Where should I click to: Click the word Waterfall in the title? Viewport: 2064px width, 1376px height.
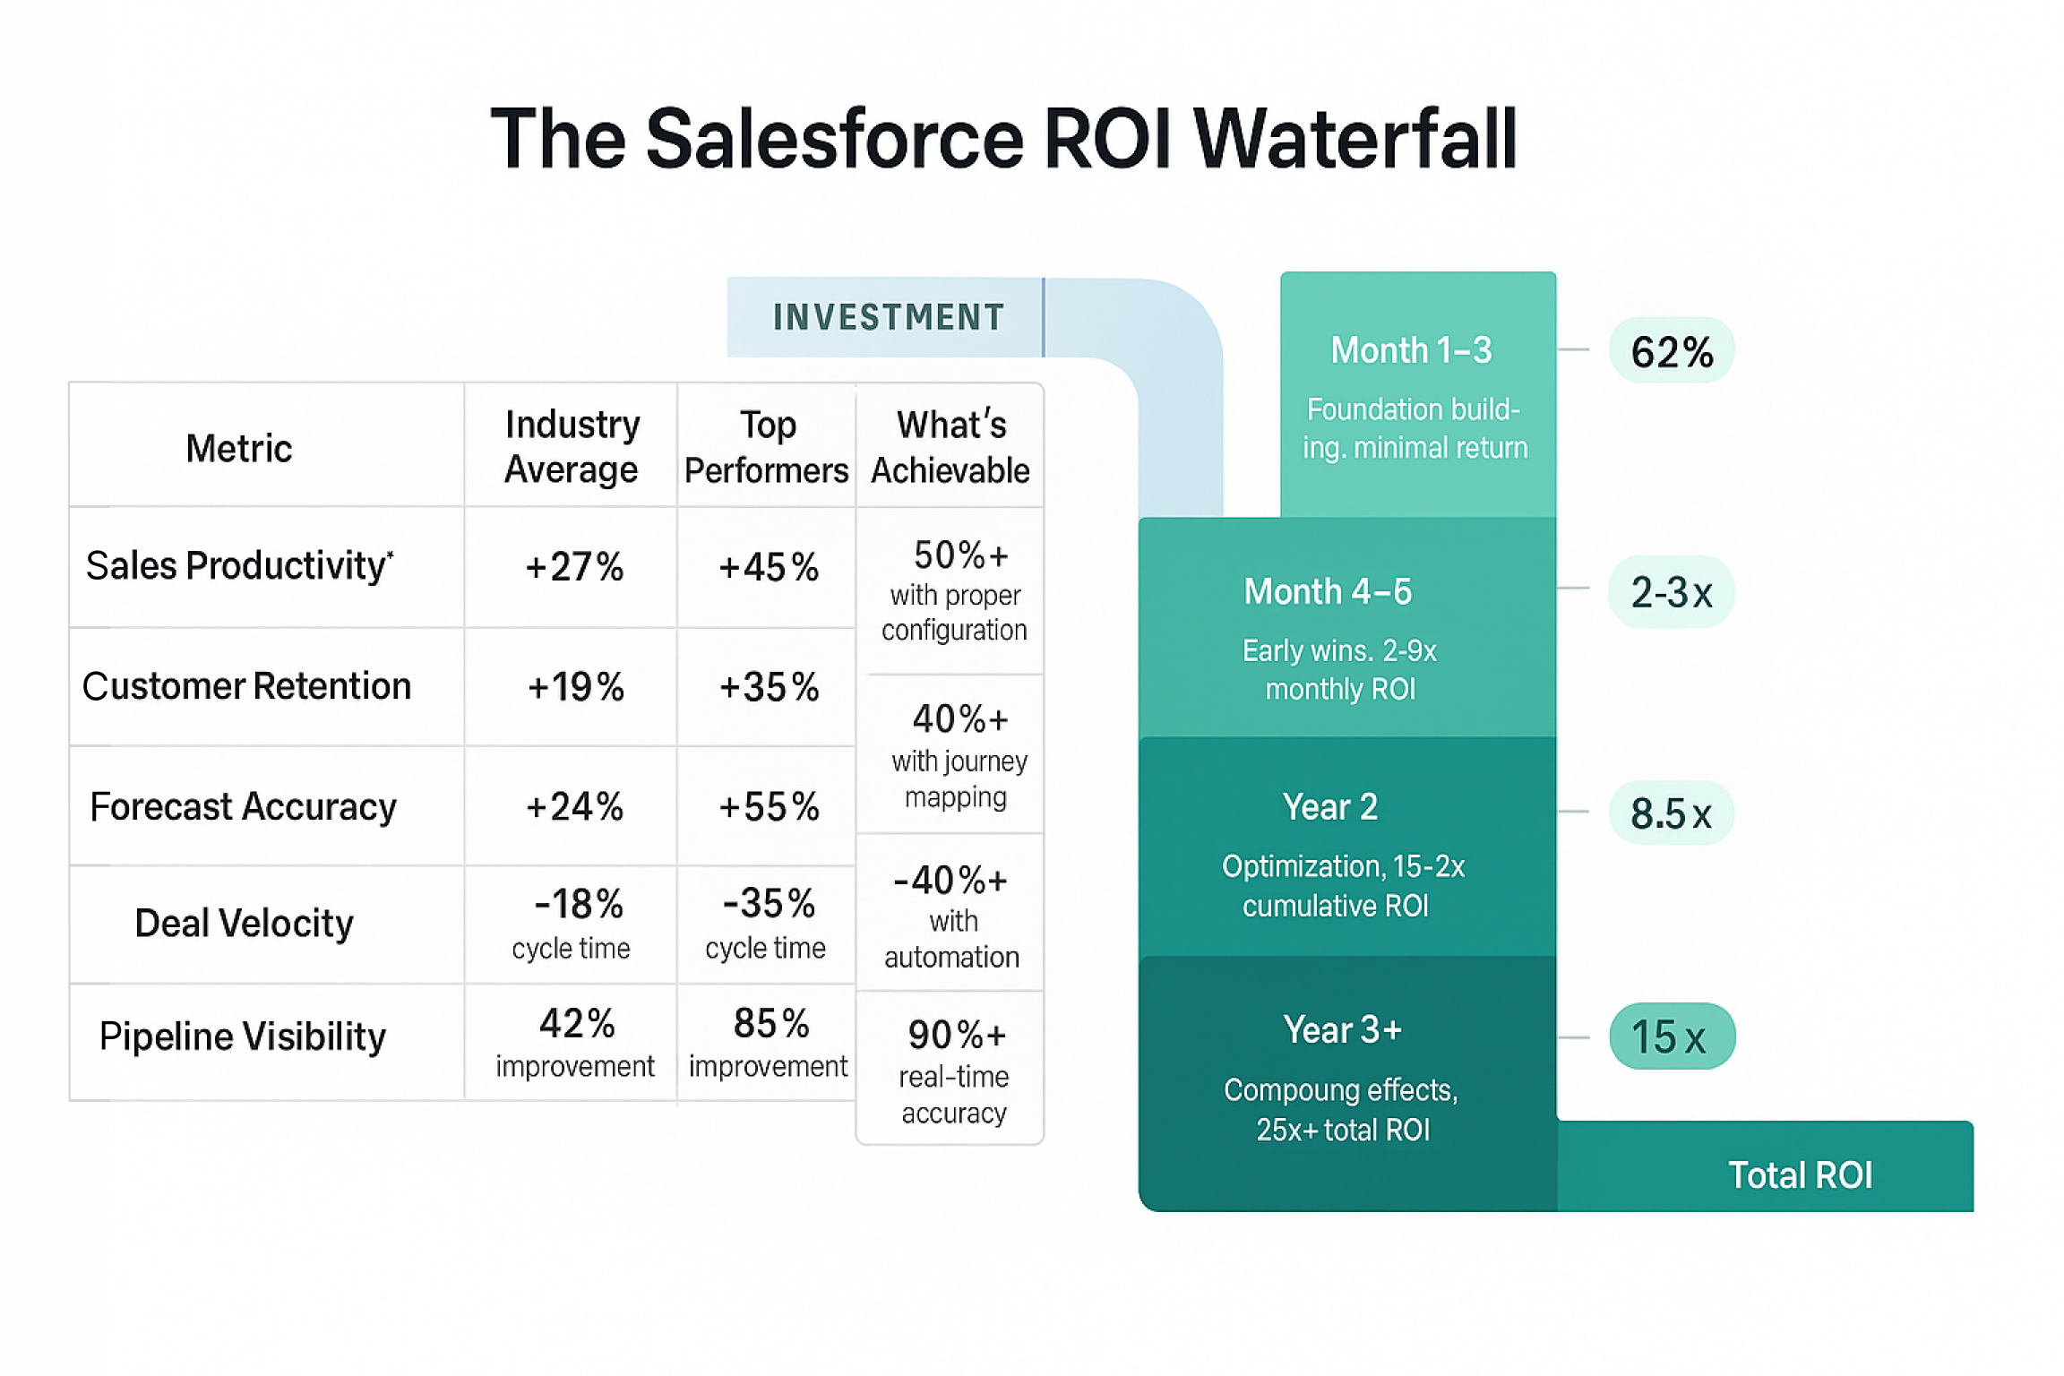tap(1354, 139)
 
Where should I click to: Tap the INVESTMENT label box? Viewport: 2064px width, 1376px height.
tap(887, 317)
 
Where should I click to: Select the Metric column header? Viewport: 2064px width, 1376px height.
tap(238, 448)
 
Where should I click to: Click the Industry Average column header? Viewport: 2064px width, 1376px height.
tap(572, 446)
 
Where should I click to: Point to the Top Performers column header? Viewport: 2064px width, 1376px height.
tap(767, 446)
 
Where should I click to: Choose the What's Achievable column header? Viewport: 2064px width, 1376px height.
tap(950, 446)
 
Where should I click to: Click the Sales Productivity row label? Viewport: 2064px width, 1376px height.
tap(238, 565)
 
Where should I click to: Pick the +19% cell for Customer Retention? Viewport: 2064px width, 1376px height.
tap(575, 687)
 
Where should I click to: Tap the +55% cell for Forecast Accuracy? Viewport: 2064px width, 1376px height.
tap(769, 806)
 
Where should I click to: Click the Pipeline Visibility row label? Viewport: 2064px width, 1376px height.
tap(242, 1036)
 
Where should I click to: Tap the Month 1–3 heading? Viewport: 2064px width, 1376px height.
tap(1411, 350)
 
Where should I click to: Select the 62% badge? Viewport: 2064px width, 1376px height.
tap(1672, 351)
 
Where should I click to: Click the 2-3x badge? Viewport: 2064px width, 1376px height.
tap(1672, 592)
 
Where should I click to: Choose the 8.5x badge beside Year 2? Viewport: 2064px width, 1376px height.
tap(1672, 813)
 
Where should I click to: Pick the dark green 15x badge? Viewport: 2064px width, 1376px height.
tap(1672, 1036)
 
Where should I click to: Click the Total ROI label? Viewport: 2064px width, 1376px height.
tap(1800, 1174)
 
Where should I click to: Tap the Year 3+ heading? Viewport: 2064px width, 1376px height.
tap(1342, 1029)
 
